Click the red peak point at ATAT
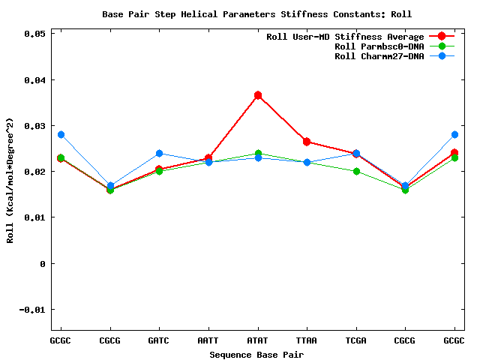[258, 95]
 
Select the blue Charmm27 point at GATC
[159, 153]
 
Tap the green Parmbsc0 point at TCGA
[356, 171]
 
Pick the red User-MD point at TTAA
[307, 142]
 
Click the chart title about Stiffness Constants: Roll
[256, 14]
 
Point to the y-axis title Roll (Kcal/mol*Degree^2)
[10, 180]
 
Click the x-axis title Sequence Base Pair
[257, 354]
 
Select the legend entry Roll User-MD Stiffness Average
[345, 37]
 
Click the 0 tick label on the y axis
[43, 264]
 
